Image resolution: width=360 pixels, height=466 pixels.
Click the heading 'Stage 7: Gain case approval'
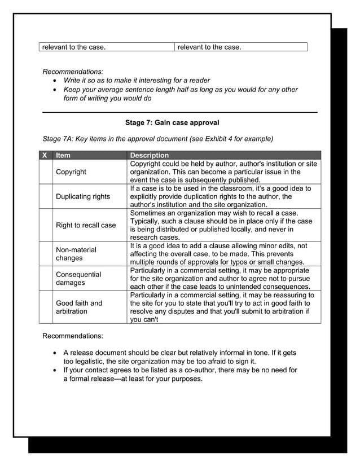(x=172, y=122)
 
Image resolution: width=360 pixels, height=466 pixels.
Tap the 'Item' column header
(x=63, y=155)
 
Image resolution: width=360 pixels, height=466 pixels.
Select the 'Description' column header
(x=149, y=155)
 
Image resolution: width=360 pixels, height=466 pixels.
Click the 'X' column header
(x=45, y=155)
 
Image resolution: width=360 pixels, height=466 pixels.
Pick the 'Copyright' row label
(x=71, y=172)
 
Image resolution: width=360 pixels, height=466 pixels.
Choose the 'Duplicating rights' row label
(x=82, y=196)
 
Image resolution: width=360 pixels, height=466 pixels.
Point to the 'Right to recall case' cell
(x=85, y=225)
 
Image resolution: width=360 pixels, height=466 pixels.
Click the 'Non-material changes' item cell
(x=76, y=254)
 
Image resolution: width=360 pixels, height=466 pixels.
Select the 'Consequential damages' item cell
(x=78, y=278)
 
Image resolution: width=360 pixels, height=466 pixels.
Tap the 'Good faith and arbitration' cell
(x=78, y=307)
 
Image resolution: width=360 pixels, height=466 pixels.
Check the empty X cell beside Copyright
(x=45, y=172)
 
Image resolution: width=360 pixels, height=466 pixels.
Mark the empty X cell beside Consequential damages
(x=45, y=278)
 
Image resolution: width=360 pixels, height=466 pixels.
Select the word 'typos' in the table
(x=245, y=262)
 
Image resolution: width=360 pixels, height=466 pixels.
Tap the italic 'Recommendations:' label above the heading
(x=73, y=72)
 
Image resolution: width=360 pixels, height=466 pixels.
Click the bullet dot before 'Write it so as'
(x=55, y=81)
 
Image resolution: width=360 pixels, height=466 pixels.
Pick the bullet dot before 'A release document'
(x=55, y=353)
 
